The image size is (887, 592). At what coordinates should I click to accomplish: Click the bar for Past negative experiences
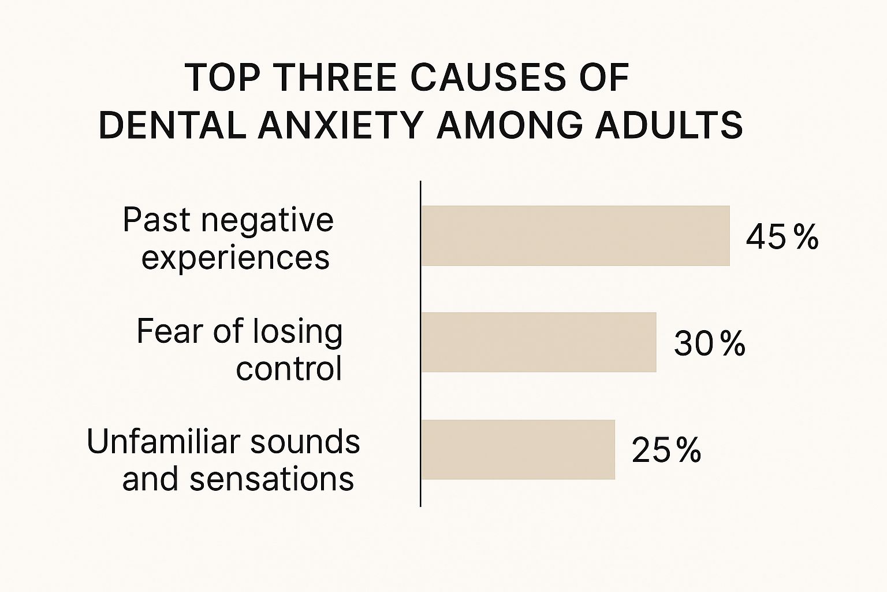click(575, 236)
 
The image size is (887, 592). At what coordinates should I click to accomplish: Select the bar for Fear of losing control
click(538, 342)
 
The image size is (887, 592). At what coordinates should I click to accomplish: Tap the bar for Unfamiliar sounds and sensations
click(518, 450)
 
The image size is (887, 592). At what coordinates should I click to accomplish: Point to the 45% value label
click(782, 237)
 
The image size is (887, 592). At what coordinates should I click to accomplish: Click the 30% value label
click(709, 344)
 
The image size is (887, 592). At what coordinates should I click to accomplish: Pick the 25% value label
click(666, 450)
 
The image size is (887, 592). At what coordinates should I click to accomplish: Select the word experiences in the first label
click(236, 258)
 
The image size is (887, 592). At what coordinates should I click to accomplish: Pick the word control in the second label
click(289, 369)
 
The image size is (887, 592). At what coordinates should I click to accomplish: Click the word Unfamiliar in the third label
click(163, 442)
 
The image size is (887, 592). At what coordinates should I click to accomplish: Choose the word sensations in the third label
click(271, 479)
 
